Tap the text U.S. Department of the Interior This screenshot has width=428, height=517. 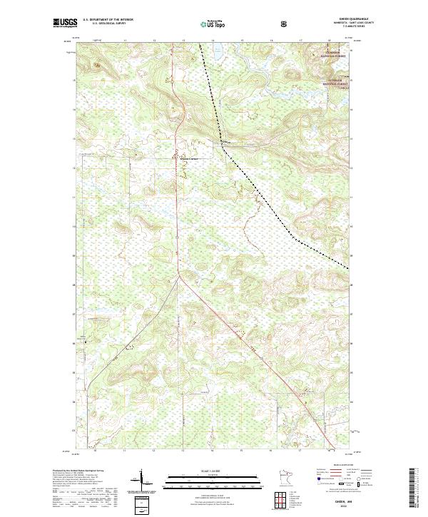pos(108,20)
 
